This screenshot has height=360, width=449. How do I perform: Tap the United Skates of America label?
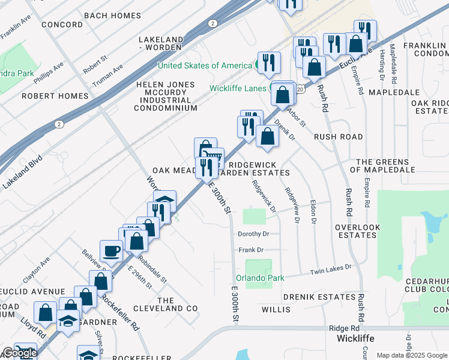pyautogui.click(x=205, y=65)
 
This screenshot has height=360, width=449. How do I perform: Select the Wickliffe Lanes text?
pyautogui.click(x=239, y=88)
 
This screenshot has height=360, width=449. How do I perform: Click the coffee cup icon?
pyautogui.click(x=112, y=251)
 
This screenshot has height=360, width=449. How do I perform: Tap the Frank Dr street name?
pyautogui.click(x=252, y=250)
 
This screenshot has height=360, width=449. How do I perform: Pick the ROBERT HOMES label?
pyautogui.click(x=46, y=95)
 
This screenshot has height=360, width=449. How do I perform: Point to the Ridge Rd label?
pyautogui.click(x=344, y=329)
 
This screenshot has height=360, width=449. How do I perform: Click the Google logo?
pyautogui.click(x=20, y=353)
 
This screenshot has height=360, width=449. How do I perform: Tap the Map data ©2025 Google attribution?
pyautogui.click(x=411, y=355)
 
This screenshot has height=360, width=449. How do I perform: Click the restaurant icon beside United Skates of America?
pyautogui.click(x=269, y=63)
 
